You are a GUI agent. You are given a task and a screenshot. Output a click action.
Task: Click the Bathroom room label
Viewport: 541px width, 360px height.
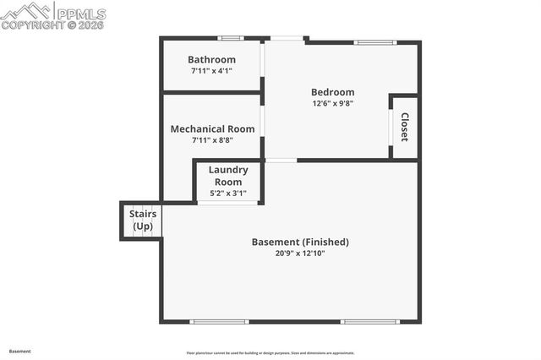click(x=211, y=59)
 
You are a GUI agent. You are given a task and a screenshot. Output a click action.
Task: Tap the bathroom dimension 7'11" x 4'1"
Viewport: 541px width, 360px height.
click(x=211, y=71)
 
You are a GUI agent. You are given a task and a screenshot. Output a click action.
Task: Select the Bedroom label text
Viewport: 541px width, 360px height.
click(x=332, y=92)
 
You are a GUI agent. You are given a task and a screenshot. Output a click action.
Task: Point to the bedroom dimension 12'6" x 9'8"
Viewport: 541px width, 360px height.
click(x=332, y=103)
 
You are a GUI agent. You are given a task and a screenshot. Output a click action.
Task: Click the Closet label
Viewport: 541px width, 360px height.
click(x=404, y=127)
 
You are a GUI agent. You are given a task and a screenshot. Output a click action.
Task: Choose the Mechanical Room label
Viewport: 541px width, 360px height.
click(x=212, y=129)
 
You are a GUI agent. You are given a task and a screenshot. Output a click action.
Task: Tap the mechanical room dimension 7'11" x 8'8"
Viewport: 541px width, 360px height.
click(x=212, y=140)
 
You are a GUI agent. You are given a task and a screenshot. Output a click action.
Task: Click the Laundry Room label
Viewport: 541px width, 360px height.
click(x=228, y=176)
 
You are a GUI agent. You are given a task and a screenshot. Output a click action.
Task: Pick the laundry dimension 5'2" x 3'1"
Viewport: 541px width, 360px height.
click(x=228, y=194)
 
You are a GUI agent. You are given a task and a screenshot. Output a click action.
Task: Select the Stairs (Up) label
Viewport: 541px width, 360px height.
click(x=142, y=221)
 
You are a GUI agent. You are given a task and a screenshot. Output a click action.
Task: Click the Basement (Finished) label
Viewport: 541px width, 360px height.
click(x=300, y=242)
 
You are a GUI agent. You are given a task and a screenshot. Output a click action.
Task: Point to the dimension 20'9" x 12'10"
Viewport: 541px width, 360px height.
click(x=300, y=253)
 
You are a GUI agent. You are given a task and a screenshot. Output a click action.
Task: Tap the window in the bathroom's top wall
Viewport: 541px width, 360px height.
click(x=230, y=38)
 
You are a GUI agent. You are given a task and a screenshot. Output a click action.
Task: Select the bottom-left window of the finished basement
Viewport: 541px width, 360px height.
click(x=219, y=321)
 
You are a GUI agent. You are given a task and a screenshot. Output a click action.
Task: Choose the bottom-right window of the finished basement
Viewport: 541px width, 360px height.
click(x=369, y=321)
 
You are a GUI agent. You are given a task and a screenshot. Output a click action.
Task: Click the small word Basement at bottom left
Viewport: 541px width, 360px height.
click(x=20, y=351)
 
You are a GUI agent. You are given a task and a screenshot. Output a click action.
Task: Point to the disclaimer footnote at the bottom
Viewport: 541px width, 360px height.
click(x=270, y=353)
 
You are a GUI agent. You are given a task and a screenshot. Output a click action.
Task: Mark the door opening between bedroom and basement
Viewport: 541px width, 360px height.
click(x=281, y=160)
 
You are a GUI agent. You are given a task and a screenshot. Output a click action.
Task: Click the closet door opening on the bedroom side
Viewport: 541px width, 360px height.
click(x=391, y=127)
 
